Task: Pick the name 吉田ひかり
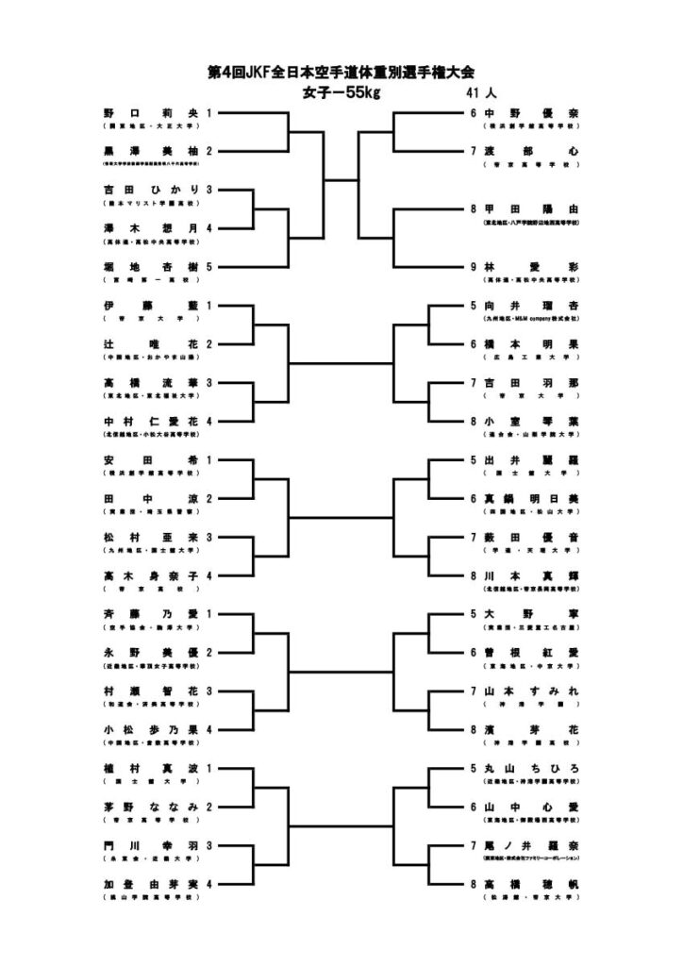point(151,190)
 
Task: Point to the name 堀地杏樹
point(151,267)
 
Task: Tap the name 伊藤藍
point(151,306)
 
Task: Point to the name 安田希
point(151,459)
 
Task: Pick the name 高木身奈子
point(151,575)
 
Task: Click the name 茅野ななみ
point(151,807)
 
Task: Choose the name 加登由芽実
point(151,884)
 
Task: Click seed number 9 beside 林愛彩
point(474,267)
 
